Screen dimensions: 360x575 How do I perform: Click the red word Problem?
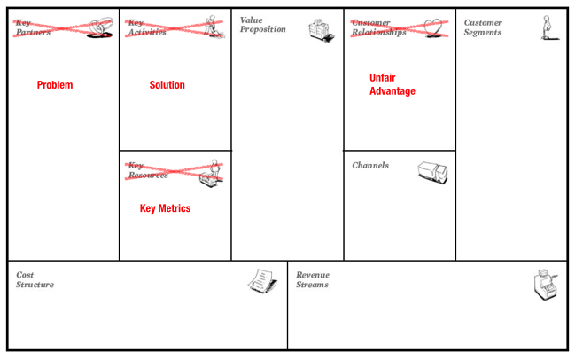(55, 85)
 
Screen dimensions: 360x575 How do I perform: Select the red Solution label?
(167, 85)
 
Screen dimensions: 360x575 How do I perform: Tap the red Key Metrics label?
(165, 209)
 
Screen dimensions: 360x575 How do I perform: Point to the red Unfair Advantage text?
(392, 84)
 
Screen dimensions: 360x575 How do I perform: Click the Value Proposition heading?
(262, 25)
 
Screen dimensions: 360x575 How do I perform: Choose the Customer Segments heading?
(483, 27)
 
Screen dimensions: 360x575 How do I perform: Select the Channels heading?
(370, 166)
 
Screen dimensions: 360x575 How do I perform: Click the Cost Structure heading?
(35, 280)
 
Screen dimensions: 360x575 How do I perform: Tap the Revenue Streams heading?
(312, 280)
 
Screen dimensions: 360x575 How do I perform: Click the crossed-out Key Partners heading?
(33, 27)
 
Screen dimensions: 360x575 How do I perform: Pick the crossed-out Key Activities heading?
(146, 27)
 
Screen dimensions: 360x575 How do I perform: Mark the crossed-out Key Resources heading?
(147, 170)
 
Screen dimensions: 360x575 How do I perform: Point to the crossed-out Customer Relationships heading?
(378, 27)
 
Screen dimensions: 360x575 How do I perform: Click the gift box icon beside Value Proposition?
(322, 30)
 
